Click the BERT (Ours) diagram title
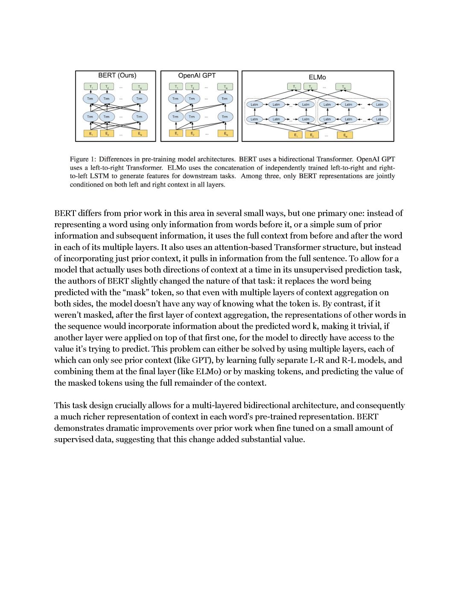pyautogui.click(x=117, y=76)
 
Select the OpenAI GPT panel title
pyautogui.click(x=197, y=76)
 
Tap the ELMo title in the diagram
pyautogui.click(x=317, y=77)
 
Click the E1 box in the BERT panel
pyautogui.click(x=90, y=134)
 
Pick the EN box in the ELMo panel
pyautogui.click(x=345, y=135)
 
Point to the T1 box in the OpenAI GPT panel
pyautogui.click(x=175, y=87)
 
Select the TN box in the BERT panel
pyautogui.click(x=140, y=87)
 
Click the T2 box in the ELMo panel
pyautogui.click(x=310, y=87)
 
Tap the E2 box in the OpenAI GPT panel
pyautogui.click(x=192, y=134)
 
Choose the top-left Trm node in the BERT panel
pyautogui.click(x=90, y=99)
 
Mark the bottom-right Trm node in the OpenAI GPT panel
pyautogui.click(x=225, y=117)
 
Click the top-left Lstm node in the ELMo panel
pyautogui.click(x=254, y=104)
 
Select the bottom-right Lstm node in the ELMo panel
pyautogui.click(x=379, y=119)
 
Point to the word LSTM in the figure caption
pyautogui.click(x=99, y=176)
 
